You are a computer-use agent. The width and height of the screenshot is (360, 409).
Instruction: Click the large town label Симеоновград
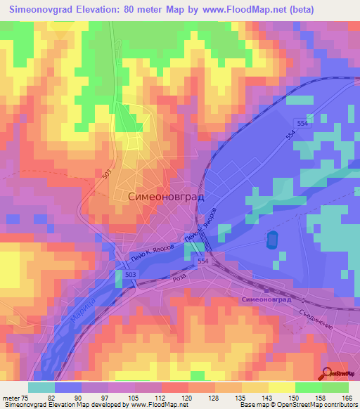[167, 197]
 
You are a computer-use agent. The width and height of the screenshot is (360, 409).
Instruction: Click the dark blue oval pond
[271, 240]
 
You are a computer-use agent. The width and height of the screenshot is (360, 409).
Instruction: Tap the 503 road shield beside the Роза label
[131, 273]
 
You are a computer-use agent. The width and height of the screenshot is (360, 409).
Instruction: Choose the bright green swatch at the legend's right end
[335, 387]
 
